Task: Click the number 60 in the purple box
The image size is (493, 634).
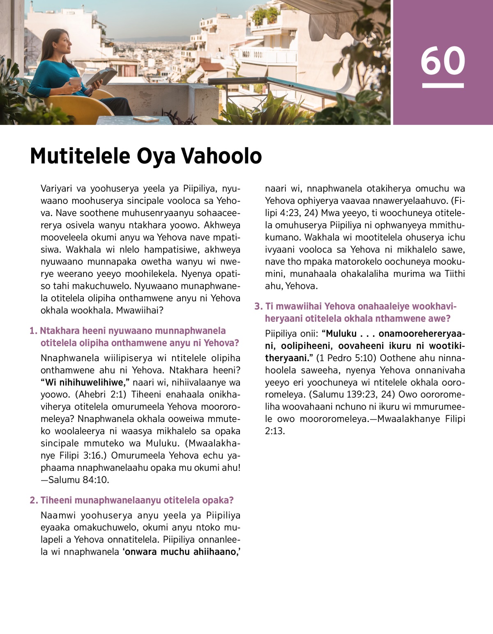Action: tap(442, 61)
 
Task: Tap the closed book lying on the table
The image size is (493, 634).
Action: tap(146, 119)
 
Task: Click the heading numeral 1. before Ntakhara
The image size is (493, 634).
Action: tap(33, 331)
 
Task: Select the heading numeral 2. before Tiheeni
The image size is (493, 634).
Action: tap(34, 500)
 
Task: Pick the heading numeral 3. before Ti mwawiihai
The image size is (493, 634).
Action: tap(258, 307)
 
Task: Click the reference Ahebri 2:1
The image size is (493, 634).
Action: tap(101, 394)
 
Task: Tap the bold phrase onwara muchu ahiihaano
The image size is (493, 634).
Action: tap(181, 551)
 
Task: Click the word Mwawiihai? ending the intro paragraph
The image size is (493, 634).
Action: tap(140, 310)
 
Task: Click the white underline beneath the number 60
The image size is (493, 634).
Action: tap(442, 85)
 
